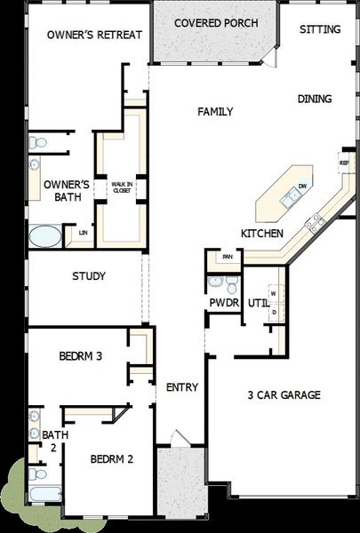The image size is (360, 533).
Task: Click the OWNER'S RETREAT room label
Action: (81, 35)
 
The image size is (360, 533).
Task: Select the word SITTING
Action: (319, 29)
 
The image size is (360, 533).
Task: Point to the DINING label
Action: (315, 99)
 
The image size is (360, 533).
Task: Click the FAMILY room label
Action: (215, 112)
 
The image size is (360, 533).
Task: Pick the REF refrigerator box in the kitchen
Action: (344, 163)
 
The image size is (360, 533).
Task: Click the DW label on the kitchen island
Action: (302, 187)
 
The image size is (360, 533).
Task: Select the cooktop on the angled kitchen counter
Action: (314, 223)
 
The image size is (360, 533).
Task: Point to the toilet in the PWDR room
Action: (230, 284)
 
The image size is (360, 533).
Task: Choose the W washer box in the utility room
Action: (274, 292)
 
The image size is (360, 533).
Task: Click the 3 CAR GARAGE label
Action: (284, 395)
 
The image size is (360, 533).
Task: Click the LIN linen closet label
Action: (83, 233)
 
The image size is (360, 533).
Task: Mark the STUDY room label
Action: (89, 276)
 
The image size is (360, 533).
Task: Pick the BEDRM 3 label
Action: (81, 356)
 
